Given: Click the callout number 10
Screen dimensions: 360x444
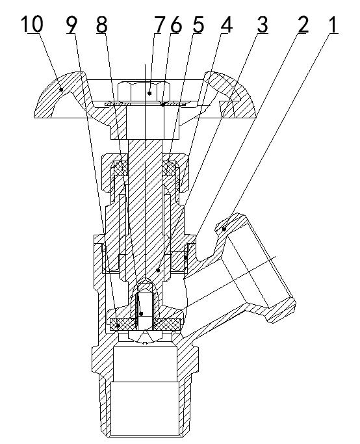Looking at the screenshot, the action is (x=31, y=25).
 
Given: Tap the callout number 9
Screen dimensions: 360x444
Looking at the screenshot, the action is (x=71, y=25).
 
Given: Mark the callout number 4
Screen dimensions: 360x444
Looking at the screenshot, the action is (x=225, y=25).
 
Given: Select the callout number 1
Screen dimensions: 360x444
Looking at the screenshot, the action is (x=333, y=25).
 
